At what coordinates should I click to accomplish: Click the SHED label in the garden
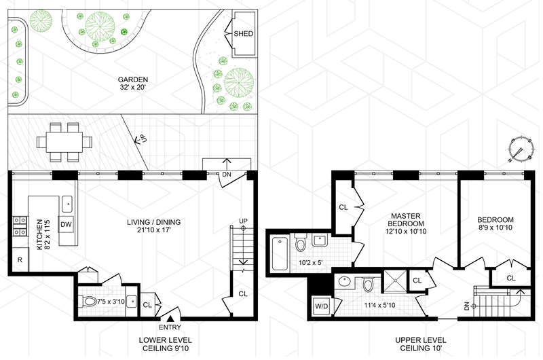[x=243, y=33]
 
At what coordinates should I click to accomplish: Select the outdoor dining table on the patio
[x=64, y=142]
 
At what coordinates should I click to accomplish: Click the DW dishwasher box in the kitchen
[x=66, y=224]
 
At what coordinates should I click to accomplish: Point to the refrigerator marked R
[x=20, y=259]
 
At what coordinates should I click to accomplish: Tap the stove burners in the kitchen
[x=20, y=226]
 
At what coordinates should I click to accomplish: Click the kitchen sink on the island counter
[x=67, y=204]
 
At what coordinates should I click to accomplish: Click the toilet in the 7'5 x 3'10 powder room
[x=89, y=301]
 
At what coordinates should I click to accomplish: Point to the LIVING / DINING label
[x=154, y=222]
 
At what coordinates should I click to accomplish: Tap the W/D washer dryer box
[x=321, y=306]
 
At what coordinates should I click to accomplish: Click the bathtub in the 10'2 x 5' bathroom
[x=280, y=253]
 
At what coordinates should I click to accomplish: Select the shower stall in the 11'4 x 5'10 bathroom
[x=396, y=281]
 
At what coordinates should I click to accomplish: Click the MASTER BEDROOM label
[x=406, y=219]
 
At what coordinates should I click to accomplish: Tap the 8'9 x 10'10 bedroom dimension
[x=495, y=228]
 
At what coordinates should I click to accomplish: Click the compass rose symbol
[x=520, y=150]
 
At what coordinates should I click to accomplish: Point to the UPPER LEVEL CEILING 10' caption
[x=421, y=344]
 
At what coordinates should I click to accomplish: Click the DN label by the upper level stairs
[x=466, y=306]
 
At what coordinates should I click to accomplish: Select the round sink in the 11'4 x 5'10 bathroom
[x=344, y=281]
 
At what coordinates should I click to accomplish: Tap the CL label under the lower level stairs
[x=243, y=294]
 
